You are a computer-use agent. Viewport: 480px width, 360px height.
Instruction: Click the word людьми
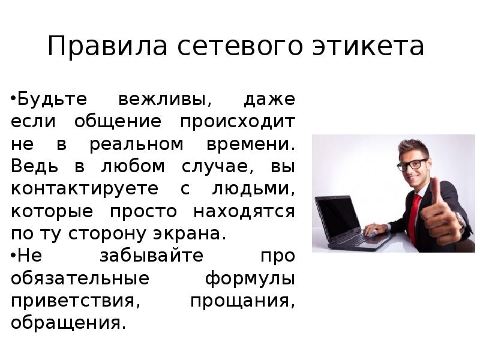pos(254,188)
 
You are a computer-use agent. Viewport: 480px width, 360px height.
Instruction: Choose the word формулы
pos(250,278)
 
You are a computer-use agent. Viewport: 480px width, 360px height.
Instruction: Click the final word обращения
pos(68,323)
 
